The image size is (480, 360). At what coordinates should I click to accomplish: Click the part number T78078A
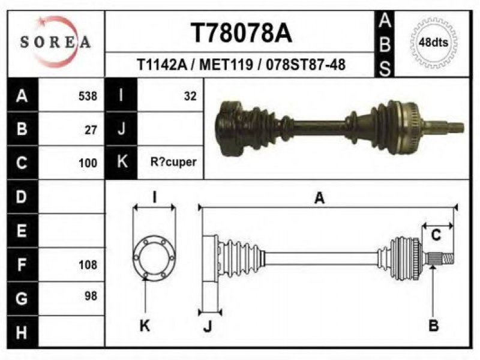pyautogui.click(x=242, y=33)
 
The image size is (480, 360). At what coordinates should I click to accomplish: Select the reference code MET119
pyautogui.click(x=226, y=65)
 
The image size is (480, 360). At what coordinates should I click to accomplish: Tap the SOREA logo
pyautogui.click(x=55, y=41)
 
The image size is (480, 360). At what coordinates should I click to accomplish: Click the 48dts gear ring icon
pyautogui.click(x=433, y=42)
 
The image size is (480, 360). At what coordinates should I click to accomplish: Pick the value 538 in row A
pyautogui.click(x=88, y=96)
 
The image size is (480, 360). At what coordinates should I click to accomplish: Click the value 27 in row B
pyautogui.click(x=91, y=130)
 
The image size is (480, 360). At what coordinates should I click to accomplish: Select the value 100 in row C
pyautogui.click(x=88, y=163)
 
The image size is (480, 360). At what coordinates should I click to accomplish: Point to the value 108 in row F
pyautogui.click(x=88, y=265)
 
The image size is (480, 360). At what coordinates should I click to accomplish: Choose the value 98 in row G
pyautogui.click(x=91, y=296)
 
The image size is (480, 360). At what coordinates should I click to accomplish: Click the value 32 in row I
pyautogui.click(x=190, y=96)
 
